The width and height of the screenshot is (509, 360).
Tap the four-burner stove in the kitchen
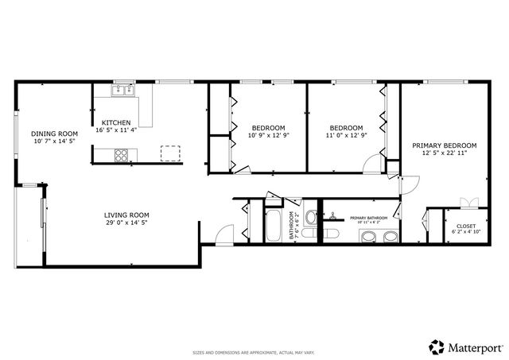coord(122,156)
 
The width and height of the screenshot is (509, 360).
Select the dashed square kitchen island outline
coord(170,153)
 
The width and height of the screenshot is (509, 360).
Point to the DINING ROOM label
coord(54,133)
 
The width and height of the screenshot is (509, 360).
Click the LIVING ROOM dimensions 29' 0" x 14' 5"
coord(127,223)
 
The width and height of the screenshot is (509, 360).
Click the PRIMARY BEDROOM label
coord(444,145)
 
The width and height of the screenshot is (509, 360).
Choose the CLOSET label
coord(465,225)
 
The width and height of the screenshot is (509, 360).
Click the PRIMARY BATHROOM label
coord(368,217)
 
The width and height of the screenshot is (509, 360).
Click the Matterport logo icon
coord(437,346)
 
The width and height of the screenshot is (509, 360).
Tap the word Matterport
coord(475,346)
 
